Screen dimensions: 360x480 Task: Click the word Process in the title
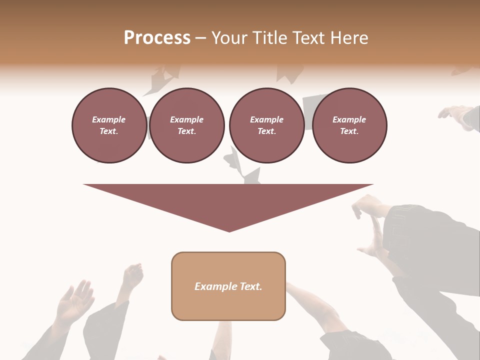tap(157, 38)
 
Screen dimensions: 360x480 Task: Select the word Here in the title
tap(350, 38)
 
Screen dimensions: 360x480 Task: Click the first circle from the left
tap(109, 125)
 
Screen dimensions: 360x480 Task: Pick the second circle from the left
tap(186, 125)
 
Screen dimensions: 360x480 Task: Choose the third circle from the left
tap(266, 125)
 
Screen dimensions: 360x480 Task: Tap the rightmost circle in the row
tap(349, 125)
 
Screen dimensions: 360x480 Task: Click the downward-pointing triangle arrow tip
tap(229, 227)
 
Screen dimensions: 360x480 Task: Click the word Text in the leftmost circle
tap(108, 131)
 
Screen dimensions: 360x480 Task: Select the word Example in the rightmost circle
tap(349, 119)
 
